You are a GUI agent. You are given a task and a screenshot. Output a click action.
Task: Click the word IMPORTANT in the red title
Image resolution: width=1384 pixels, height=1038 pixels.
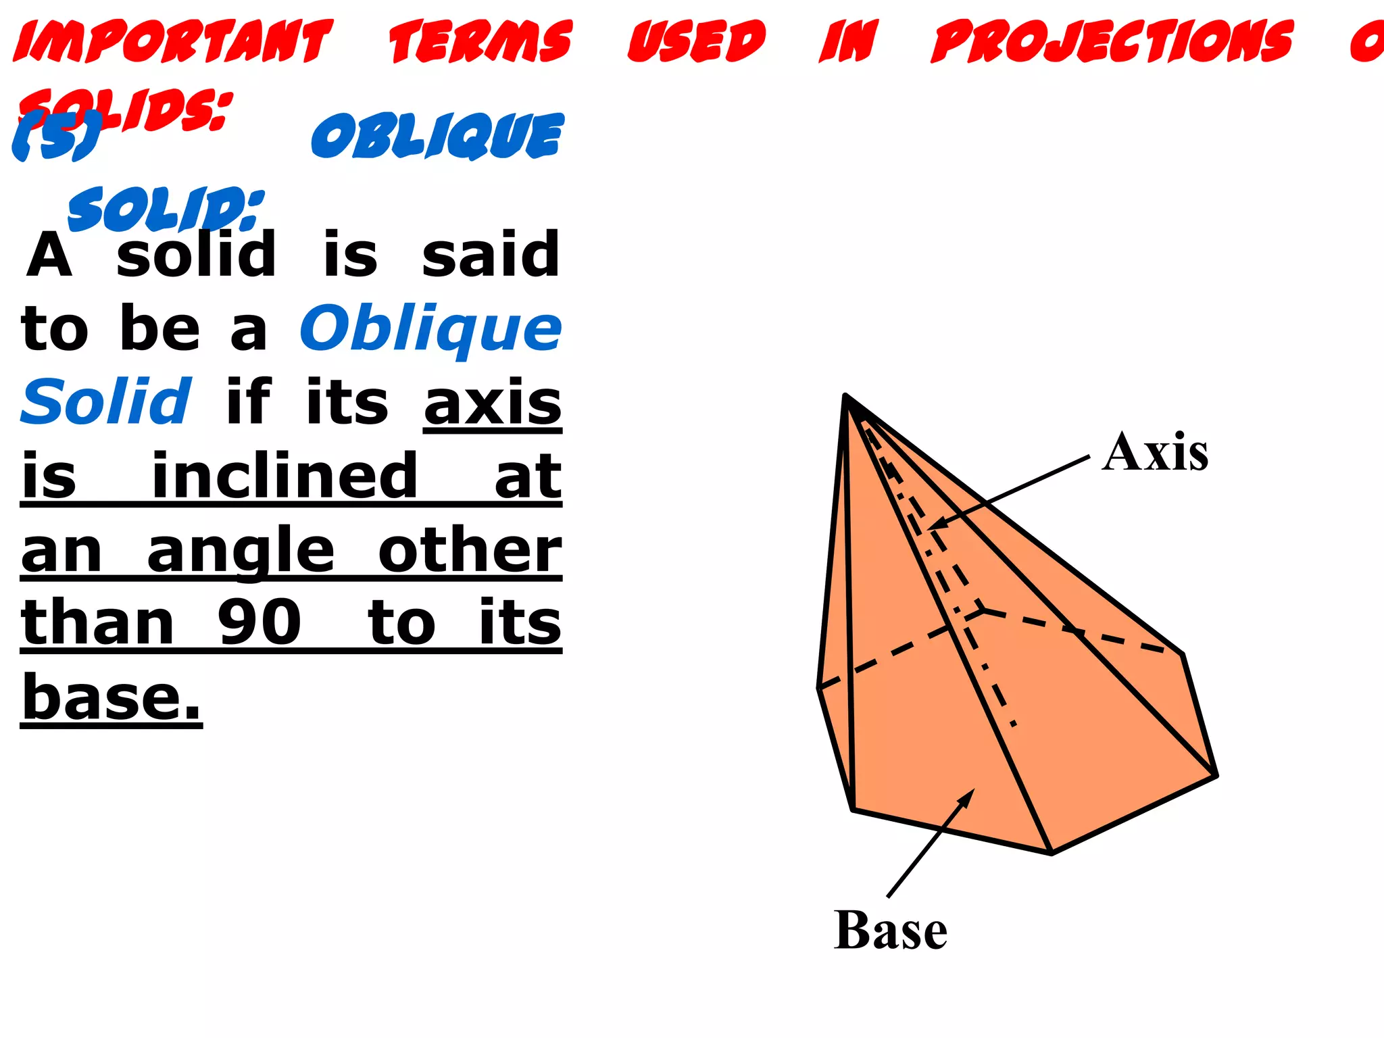tap(173, 41)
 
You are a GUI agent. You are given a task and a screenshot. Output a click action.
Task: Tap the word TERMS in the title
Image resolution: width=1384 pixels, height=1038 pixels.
tap(480, 41)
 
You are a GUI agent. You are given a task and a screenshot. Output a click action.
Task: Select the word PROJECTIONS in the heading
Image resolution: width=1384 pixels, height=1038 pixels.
tap(1112, 41)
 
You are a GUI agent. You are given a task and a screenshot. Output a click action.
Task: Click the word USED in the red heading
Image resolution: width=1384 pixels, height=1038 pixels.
tap(697, 41)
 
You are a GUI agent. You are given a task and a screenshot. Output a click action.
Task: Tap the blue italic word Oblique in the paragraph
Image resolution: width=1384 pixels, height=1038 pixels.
tap(430, 329)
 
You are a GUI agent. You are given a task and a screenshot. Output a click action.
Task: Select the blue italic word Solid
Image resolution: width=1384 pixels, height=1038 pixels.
tap(107, 402)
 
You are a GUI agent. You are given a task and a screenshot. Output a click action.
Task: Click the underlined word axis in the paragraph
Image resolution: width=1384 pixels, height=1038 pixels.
tap(493, 403)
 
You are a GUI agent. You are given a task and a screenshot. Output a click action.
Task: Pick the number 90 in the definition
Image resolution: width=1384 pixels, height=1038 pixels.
tap(259, 622)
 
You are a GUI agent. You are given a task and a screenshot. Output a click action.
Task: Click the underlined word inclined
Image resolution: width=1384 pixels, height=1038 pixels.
tap(285, 476)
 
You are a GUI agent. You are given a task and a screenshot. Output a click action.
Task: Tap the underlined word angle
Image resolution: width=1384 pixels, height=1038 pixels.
tap(241, 551)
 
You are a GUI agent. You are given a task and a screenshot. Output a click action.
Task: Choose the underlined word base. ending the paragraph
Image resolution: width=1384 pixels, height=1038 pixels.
tap(112, 697)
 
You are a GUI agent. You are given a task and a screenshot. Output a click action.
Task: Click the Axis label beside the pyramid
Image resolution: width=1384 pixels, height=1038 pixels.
tap(1155, 452)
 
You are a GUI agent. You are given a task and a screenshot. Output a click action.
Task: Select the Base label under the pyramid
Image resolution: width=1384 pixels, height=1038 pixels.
tap(890, 931)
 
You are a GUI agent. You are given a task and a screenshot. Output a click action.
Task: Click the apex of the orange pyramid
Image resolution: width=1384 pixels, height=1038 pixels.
tap(845, 395)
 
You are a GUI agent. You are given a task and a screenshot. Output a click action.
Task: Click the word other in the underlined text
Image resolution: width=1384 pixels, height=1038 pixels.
tap(470, 551)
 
